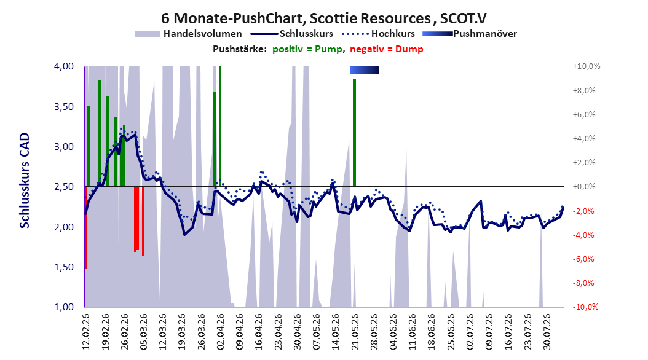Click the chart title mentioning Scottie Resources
[323, 18]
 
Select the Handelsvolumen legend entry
[188, 34]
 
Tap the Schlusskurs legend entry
[292, 34]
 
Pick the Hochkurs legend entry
[378, 34]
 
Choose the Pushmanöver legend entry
[470, 34]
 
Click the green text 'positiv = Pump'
[307, 49]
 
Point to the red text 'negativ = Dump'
[387, 49]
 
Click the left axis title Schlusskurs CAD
[25, 181]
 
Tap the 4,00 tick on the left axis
[64, 66]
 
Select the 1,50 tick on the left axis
[64, 267]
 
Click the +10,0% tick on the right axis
[587, 66]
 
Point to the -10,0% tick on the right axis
[585, 307]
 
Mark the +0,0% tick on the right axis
[584, 187]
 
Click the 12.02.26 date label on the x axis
[85, 332]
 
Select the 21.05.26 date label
[355, 332]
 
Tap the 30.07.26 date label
[547, 332]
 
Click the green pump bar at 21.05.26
[354, 133]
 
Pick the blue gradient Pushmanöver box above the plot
[364, 70]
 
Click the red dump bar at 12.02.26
[85, 228]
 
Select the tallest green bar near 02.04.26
[220, 127]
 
